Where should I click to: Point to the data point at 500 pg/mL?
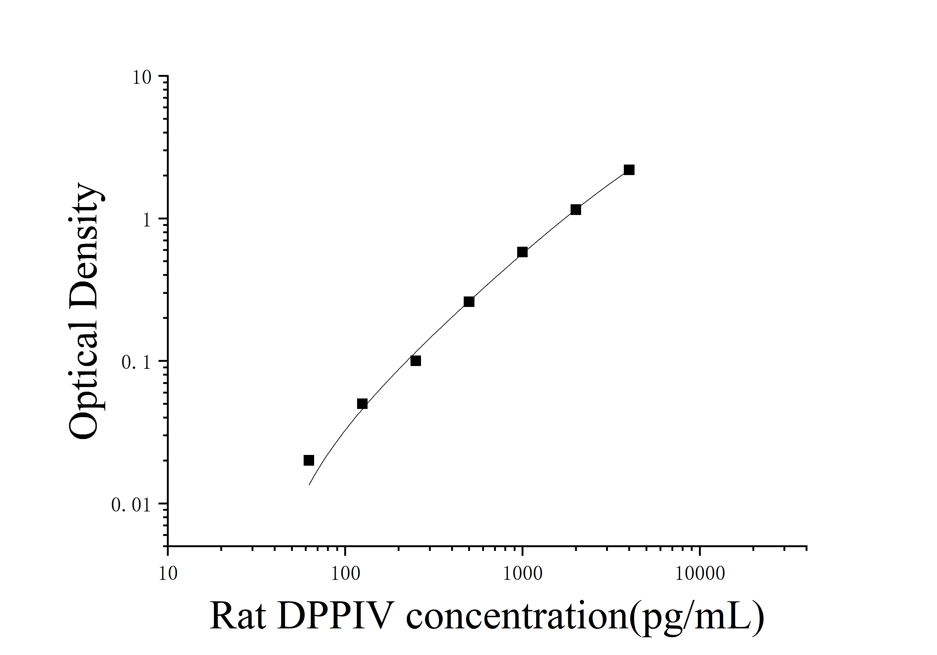pos(469,302)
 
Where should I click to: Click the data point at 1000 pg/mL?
pos(522,252)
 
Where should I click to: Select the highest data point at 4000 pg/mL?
pos(629,170)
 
